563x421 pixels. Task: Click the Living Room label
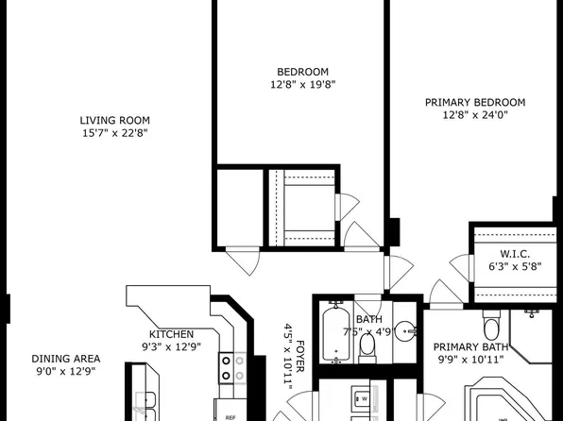click(x=115, y=120)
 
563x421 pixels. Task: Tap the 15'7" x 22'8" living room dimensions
click(x=115, y=133)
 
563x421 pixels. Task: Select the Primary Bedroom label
click(x=474, y=102)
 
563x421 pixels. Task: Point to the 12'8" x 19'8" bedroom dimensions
click(x=302, y=85)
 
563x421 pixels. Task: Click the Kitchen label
click(x=171, y=334)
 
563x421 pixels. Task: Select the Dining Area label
click(x=66, y=359)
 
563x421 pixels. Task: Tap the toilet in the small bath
click(x=367, y=347)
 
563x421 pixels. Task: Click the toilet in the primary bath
click(x=489, y=328)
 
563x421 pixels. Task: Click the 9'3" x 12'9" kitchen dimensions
click(x=171, y=346)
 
